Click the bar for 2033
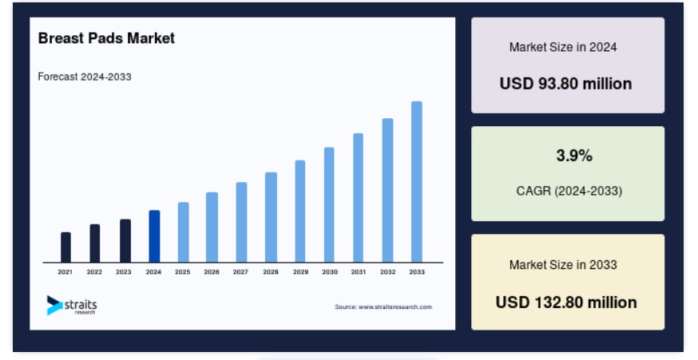[417, 182]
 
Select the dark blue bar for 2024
[154, 236]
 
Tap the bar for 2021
[65, 247]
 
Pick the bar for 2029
[300, 212]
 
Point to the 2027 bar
[241, 223]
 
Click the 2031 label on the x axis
[359, 272]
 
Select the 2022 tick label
[94, 272]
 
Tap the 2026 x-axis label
[212, 272]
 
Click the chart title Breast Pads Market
[106, 38]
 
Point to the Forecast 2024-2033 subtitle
[85, 77]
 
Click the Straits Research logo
[72, 305]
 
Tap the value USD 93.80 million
[565, 84]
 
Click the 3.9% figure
[574, 156]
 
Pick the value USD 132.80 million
[566, 303]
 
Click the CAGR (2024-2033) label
[569, 192]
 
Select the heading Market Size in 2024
[563, 47]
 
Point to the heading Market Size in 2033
[563, 265]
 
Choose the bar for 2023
[125, 241]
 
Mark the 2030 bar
[329, 204]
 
